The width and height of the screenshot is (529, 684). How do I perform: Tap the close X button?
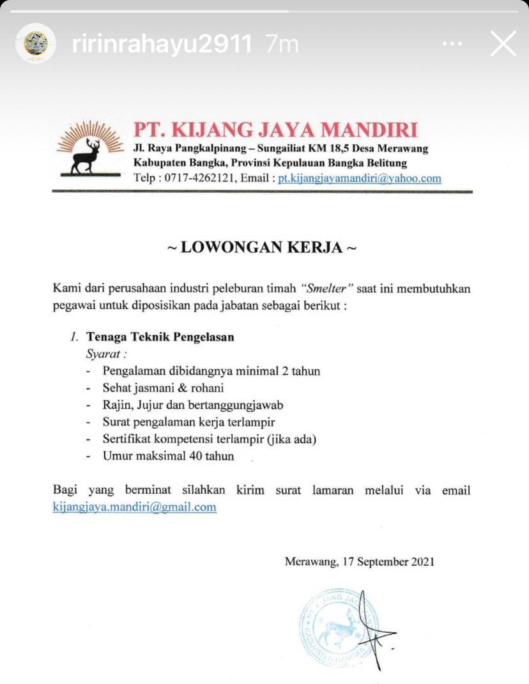point(503,44)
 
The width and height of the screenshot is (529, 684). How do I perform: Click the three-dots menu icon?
point(452,44)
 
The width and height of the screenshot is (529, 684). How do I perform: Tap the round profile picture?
point(36,43)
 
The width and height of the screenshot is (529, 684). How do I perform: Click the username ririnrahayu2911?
point(162,44)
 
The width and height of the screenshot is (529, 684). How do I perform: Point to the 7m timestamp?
point(282,44)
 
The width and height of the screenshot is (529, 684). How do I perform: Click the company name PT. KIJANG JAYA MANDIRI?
point(275,129)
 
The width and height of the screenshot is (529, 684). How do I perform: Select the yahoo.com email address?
point(360,178)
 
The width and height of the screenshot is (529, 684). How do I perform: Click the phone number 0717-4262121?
point(198,178)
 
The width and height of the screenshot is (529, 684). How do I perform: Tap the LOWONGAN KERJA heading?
point(261,247)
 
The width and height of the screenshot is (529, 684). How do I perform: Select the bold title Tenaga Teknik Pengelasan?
point(160,337)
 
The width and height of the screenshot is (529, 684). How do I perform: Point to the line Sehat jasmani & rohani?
point(163,388)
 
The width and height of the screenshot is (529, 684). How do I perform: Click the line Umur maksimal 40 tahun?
point(168,456)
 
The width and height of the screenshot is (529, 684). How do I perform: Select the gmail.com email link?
point(134,507)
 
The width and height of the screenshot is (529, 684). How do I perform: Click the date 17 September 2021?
point(388,562)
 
